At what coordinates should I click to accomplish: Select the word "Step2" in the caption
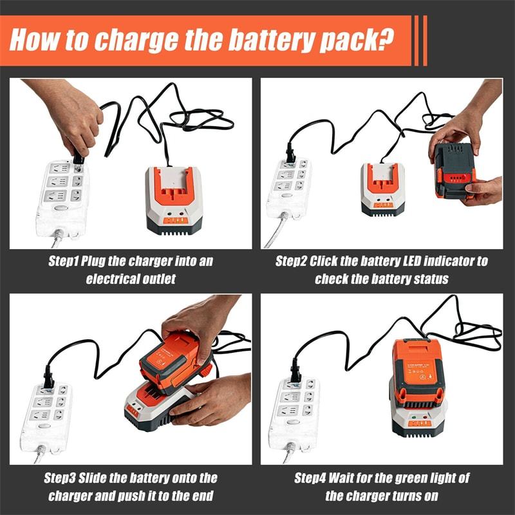291,261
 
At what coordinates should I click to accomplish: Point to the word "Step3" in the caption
61,478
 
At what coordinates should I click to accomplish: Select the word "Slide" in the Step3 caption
102,478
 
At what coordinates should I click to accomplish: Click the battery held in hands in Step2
453,171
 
